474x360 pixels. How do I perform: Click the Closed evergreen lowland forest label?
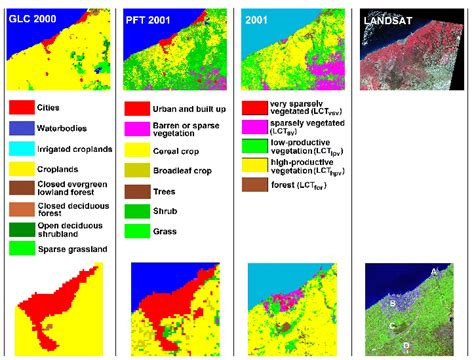tap(76, 190)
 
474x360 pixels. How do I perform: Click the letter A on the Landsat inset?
tap(433, 271)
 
